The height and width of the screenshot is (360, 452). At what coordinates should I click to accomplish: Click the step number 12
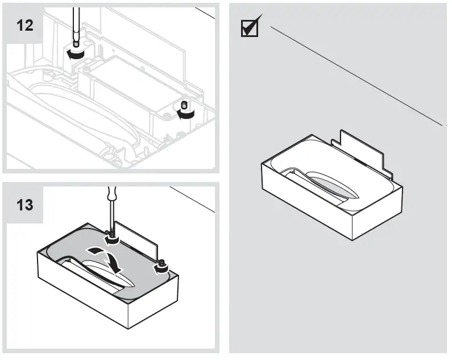24,25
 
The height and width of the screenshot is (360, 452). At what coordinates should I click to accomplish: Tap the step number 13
24,204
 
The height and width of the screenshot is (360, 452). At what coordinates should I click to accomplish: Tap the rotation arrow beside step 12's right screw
185,114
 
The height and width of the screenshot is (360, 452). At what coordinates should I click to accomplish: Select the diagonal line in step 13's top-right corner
193,199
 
